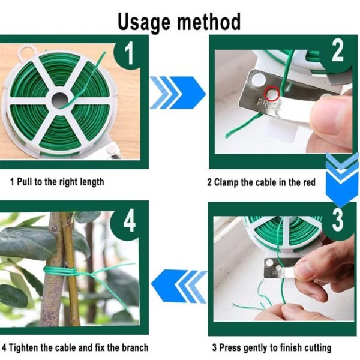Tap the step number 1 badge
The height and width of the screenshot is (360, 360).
(x=128, y=54)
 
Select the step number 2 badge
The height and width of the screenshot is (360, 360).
(x=338, y=52)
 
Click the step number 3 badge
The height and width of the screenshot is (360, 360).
(x=337, y=220)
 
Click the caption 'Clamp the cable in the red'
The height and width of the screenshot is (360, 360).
(x=261, y=182)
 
